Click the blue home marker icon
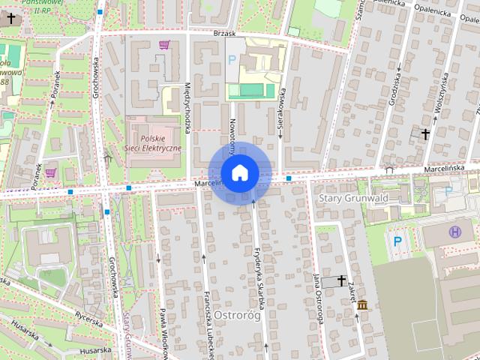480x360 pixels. click(239, 173)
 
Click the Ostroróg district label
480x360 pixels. click(236, 315)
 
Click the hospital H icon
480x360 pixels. click(454, 232)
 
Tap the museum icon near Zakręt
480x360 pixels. click(363, 305)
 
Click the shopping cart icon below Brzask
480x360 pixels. click(164, 45)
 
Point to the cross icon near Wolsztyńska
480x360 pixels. click(425, 134)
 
